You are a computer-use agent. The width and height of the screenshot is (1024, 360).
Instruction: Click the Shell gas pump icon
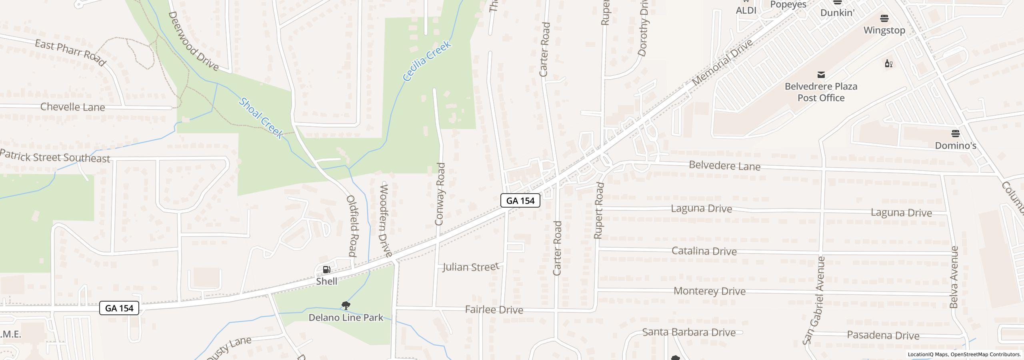point(326,270)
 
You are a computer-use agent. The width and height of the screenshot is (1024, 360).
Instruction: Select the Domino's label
point(956,146)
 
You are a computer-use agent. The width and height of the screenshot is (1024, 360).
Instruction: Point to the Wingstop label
point(884,30)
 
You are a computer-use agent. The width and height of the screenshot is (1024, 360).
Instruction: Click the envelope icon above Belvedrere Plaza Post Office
point(821,75)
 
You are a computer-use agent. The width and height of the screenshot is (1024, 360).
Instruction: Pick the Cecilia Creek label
point(427,61)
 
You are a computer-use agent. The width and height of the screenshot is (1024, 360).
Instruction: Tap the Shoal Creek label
point(261,118)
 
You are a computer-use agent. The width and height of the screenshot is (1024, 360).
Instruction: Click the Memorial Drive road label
point(722,62)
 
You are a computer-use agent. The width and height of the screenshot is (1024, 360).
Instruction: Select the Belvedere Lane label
point(724,166)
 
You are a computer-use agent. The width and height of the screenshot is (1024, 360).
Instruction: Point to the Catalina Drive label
point(704,251)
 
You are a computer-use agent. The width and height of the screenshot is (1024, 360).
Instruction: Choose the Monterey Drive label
point(709,291)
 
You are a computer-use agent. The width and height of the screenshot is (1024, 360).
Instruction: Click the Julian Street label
point(471,267)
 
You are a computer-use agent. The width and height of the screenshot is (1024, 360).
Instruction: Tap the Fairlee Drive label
point(494,310)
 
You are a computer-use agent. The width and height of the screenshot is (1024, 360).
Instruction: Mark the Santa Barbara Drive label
point(689,332)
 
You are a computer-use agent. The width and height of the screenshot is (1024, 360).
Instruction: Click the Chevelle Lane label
point(73,107)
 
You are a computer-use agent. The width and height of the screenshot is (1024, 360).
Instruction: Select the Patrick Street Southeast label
point(55,156)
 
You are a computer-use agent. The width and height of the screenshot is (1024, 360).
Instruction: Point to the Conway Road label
point(440,194)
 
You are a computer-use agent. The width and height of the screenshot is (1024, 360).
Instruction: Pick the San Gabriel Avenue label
point(814,300)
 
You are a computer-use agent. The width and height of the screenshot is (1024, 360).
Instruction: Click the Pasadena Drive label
point(883,336)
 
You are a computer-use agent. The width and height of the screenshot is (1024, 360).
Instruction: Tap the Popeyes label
point(788,5)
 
